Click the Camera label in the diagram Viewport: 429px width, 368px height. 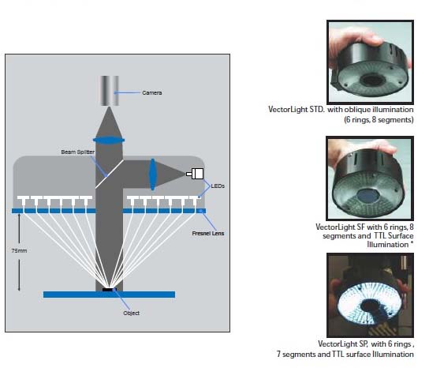click(x=152, y=93)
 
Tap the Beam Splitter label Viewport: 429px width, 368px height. click(x=78, y=152)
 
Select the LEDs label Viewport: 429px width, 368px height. click(x=218, y=186)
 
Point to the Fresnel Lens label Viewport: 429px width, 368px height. click(x=208, y=234)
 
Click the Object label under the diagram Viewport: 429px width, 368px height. click(x=132, y=314)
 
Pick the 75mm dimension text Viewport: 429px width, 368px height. click(x=19, y=250)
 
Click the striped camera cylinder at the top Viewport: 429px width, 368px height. click(x=109, y=91)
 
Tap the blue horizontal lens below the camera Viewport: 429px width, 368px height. click(x=109, y=141)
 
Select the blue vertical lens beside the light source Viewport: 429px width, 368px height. click(x=153, y=175)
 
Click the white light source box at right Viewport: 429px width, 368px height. click(x=195, y=174)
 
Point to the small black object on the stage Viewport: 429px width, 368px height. click(x=108, y=289)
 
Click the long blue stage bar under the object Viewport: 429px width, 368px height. click(x=109, y=295)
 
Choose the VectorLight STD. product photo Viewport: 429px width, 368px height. click(x=370, y=62)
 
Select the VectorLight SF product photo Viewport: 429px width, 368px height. click(x=370, y=178)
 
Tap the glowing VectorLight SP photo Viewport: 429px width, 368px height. click(x=370, y=295)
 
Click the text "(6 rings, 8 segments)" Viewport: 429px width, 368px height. click(x=379, y=120)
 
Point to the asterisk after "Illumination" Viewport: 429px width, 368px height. click(x=412, y=242)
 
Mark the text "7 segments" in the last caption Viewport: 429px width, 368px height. click(x=296, y=355)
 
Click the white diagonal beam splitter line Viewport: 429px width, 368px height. click(x=110, y=175)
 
